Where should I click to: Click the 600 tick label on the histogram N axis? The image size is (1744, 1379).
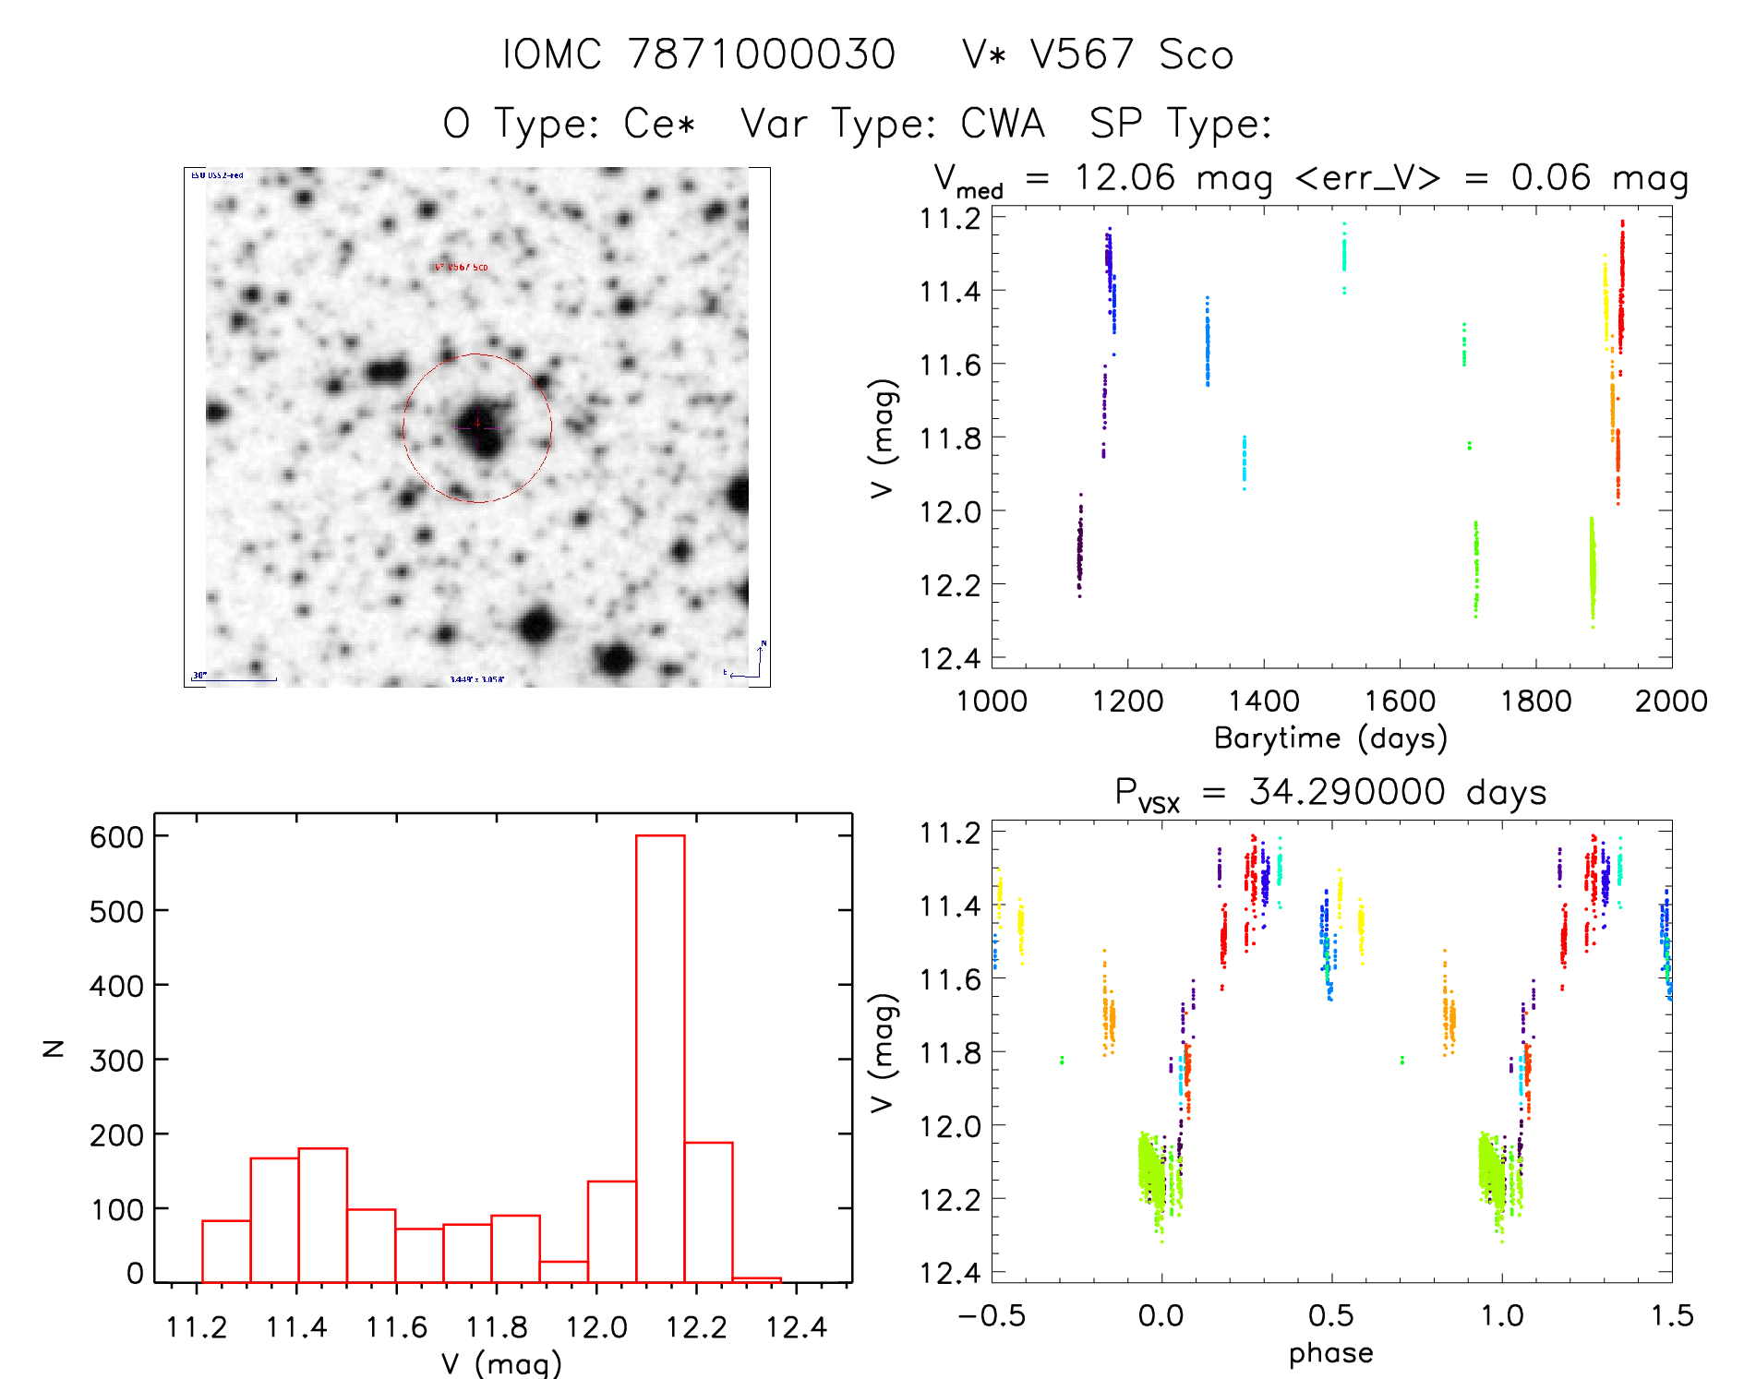[117, 837]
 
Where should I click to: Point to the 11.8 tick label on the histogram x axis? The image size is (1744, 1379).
[496, 1327]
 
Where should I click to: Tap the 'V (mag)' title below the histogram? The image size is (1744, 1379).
[500, 1363]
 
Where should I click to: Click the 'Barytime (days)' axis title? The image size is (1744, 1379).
[1330, 738]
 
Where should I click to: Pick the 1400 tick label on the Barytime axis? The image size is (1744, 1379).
[1263, 701]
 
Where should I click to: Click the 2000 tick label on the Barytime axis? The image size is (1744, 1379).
[1670, 701]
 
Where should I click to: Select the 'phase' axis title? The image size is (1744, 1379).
[1330, 1353]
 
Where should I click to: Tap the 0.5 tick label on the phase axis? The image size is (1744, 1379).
[1330, 1315]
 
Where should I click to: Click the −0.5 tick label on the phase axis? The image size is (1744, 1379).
[992, 1315]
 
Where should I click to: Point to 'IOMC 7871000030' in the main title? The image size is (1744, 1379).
[699, 54]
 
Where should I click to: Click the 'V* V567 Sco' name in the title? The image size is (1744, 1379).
[1097, 54]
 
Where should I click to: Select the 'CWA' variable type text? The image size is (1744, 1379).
[1002, 124]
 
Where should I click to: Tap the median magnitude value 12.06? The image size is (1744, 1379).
[1125, 177]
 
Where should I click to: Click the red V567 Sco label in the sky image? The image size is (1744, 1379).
[462, 268]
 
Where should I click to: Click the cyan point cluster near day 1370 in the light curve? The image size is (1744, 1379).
[1244, 462]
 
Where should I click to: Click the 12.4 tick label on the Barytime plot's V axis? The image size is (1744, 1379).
[950, 658]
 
